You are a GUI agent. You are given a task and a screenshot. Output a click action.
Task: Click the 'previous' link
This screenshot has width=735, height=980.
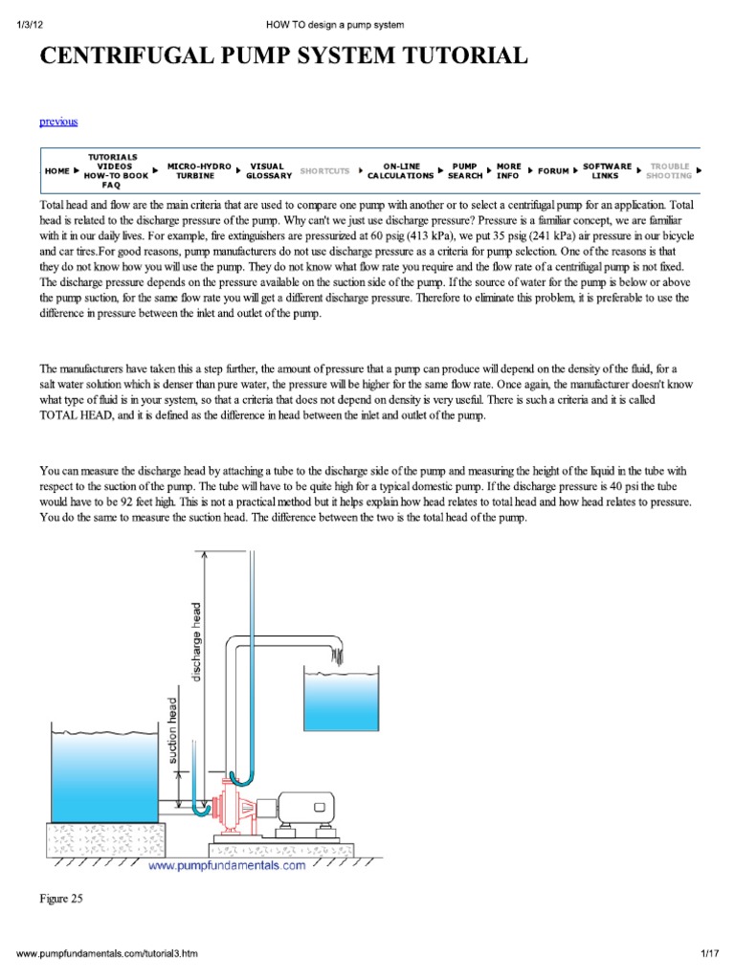click(x=58, y=122)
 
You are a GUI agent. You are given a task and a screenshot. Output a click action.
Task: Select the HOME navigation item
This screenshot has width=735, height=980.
click(x=56, y=171)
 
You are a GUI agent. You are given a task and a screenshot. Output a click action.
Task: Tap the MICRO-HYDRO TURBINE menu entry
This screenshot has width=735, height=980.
click(x=199, y=171)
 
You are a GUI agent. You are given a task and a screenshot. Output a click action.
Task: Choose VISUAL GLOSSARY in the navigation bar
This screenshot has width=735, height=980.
click(x=269, y=171)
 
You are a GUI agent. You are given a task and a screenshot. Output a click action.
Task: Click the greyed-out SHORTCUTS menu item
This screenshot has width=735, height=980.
click(x=324, y=171)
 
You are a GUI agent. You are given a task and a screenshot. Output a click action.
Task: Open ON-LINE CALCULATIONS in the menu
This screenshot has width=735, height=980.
click(x=400, y=171)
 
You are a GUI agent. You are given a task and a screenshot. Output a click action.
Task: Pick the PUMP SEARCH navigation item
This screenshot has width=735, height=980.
click(x=465, y=171)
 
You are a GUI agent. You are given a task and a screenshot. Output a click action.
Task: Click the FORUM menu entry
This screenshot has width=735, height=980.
click(x=553, y=171)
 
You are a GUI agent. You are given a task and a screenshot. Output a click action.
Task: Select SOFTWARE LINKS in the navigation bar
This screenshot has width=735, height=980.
click(x=607, y=171)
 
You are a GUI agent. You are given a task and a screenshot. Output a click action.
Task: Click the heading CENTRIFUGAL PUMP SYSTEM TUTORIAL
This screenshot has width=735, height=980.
click(x=282, y=56)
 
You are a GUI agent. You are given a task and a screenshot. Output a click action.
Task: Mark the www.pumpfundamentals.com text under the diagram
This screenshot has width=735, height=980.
click(x=227, y=865)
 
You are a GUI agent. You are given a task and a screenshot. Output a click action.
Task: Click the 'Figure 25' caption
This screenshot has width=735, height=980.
click(x=61, y=899)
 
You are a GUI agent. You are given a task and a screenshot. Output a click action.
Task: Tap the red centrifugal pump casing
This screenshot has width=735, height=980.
click(x=230, y=805)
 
